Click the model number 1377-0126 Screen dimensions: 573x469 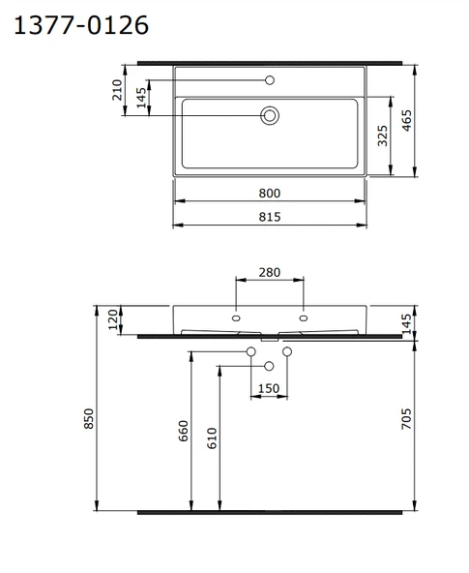81,24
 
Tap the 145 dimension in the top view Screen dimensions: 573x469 142,100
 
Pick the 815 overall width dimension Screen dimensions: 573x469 270,218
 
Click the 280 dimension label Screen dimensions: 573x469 270,273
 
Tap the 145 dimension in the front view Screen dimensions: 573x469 406,323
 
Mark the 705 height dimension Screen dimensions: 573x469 406,419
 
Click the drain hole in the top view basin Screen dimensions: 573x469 271,116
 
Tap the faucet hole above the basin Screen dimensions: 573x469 271,79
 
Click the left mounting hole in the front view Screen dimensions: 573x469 236,317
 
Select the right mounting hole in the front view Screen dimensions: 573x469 304,317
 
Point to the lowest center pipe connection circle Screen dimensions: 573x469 269,365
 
